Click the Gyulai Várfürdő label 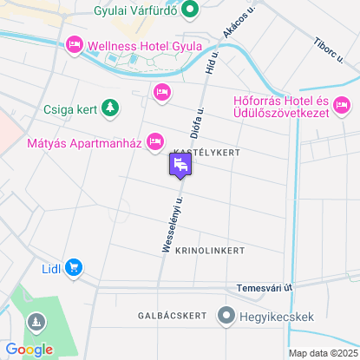tap(135, 11)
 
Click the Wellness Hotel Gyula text tap(145, 45)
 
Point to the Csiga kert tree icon tap(109, 108)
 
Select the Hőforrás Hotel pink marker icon tap(220, 109)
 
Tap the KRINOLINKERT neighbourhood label tap(210, 250)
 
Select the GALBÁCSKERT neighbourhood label tap(171, 316)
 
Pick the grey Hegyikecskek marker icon tap(226, 315)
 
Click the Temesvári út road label tap(265, 287)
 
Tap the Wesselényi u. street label tap(173, 223)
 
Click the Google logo tap(29, 349)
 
